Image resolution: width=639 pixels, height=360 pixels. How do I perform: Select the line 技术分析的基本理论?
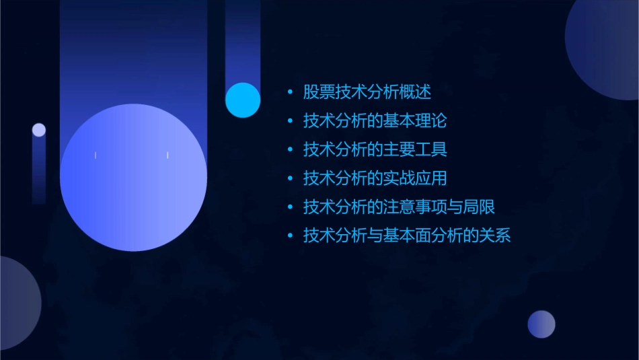[375, 121]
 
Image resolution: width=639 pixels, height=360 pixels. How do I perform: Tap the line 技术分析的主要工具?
[375, 149]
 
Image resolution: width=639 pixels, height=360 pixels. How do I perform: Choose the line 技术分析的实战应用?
[375, 178]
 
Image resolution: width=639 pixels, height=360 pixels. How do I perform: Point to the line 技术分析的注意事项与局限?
[399, 207]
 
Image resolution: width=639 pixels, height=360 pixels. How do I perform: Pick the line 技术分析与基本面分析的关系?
[407, 236]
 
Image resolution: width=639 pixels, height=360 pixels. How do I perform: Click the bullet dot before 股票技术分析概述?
[290, 93]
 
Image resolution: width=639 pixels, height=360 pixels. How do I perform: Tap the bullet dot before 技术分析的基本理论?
[290, 122]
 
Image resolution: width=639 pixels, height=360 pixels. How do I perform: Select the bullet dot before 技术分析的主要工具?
[290, 150]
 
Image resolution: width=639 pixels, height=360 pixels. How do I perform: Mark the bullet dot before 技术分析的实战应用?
[290, 179]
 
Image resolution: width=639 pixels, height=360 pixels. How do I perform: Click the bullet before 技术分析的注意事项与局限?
[290, 208]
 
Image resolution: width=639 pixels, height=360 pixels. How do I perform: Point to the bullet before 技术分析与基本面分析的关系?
[290, 237]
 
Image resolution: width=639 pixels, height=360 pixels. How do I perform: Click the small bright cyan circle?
[243, 100]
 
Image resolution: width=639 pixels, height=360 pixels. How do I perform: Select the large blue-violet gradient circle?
[133, 177]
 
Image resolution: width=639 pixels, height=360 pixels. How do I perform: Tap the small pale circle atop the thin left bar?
[39, 130]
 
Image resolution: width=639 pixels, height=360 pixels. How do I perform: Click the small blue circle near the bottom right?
[541, 324]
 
